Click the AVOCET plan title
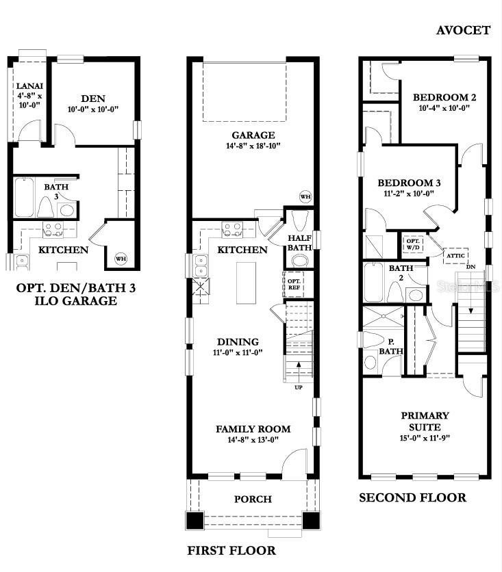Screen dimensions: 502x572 463,30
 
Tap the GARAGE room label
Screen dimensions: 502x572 253,135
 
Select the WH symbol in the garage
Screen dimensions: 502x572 305,196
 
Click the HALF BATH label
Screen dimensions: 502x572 299,243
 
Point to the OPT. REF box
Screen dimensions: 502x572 294,284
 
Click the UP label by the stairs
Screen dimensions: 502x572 299,387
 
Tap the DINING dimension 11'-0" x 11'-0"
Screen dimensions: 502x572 238,352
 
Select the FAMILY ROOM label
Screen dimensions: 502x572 253,429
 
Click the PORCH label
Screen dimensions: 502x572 253,499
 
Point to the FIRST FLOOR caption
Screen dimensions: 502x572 231,551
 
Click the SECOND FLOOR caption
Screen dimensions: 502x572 412,497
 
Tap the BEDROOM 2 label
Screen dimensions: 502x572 444,97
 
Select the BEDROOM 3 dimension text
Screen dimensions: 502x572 409,194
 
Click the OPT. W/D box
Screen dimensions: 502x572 414,244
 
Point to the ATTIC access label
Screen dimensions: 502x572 455,256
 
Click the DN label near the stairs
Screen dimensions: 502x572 470,267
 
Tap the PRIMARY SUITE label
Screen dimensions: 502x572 425,421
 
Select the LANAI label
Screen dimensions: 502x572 29,86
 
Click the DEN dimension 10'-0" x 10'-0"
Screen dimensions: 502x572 93,109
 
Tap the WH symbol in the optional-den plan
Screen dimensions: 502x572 121,259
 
